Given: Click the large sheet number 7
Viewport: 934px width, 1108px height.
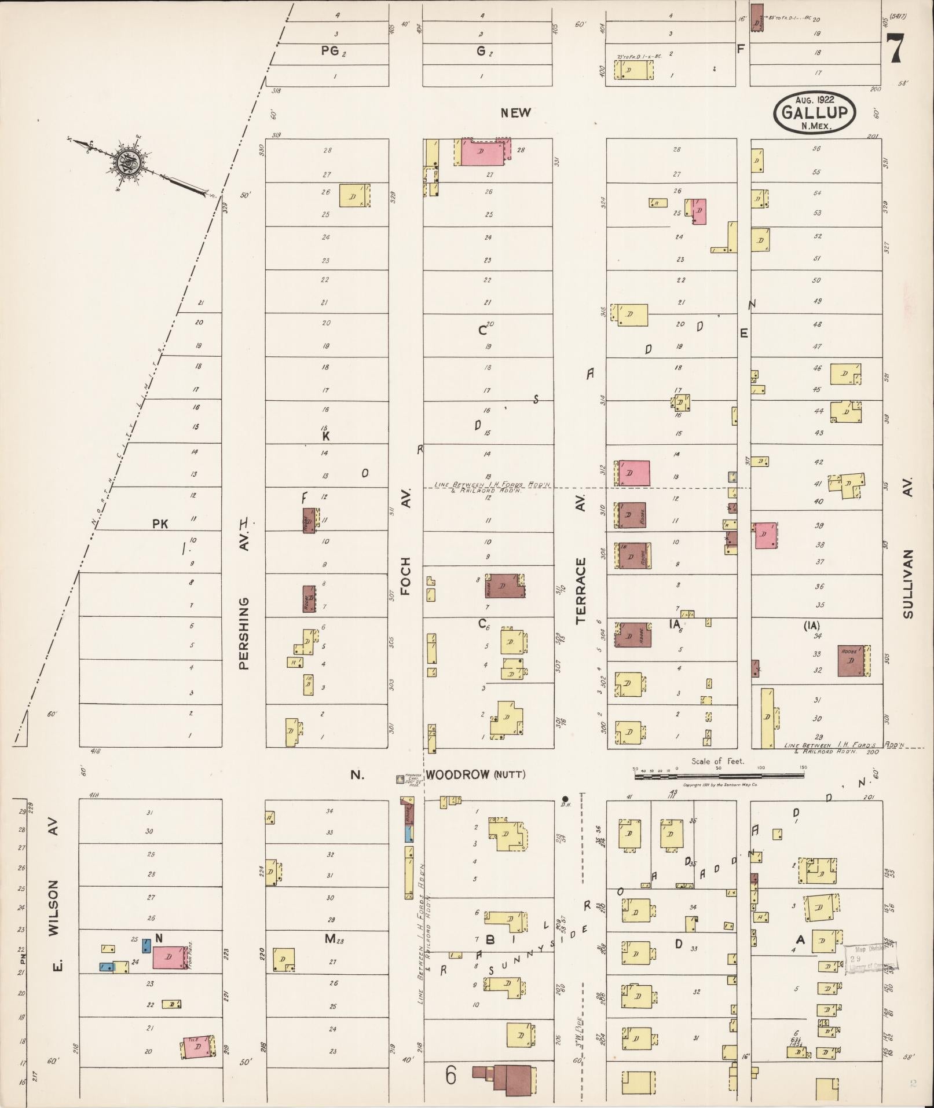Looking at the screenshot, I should (x=895, y=47).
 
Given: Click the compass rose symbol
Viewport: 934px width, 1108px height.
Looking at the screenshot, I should (x=127, y=164).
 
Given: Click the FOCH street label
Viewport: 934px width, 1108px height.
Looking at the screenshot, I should (x=405, y=576).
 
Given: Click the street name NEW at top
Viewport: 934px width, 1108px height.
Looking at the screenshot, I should (x=515, y=113).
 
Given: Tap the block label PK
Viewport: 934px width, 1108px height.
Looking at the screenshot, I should (x=160, y=524).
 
